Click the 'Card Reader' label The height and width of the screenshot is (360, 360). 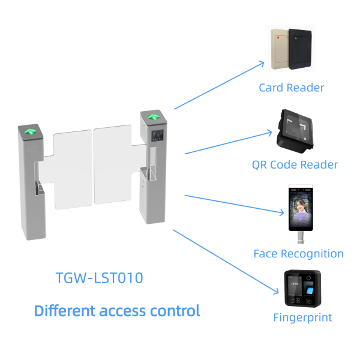[291, 88]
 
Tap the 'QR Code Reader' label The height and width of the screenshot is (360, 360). [295, 164]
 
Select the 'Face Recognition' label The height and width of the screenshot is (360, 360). [299, 253]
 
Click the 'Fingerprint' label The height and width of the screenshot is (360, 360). [302, 317]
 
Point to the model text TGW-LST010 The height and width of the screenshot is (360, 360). [99, 278]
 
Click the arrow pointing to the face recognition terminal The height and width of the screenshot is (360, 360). [234, 203]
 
